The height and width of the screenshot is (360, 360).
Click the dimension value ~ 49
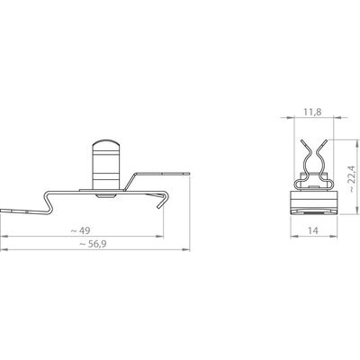(80, 230)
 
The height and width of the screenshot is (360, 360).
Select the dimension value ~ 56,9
(93, 244)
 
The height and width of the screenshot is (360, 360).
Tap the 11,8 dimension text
(312, 112)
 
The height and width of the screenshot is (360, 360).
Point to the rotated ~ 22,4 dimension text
(352, 178)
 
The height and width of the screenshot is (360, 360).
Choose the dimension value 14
(313, 230)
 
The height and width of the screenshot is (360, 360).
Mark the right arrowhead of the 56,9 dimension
(186, 249)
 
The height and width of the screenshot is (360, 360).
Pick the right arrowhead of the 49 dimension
(159, 237)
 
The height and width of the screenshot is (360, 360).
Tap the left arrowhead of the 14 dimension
(294, 237)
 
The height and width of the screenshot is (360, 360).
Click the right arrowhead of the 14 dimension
(334, 237)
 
